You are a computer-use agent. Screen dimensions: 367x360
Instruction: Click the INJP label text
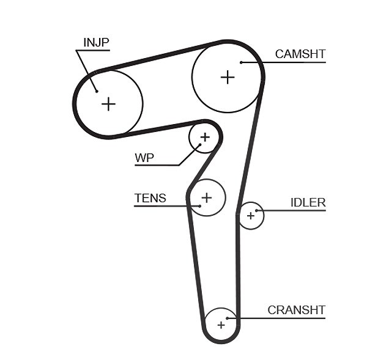96,42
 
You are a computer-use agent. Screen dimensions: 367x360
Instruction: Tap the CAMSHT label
300,54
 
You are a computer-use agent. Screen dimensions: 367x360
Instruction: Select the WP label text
144,158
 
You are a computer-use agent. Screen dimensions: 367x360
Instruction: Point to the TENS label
150,198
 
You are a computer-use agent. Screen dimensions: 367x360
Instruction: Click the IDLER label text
308,202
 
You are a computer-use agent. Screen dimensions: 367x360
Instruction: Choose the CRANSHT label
297,310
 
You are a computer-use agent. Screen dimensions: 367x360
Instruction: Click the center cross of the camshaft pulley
228,77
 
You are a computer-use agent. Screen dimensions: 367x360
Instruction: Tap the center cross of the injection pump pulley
109,104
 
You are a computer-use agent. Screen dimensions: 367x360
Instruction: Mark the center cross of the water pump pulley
205,138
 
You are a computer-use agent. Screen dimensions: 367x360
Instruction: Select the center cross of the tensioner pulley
207,198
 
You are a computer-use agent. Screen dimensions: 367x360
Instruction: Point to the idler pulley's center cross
251,216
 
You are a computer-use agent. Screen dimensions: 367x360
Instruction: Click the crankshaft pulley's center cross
221,325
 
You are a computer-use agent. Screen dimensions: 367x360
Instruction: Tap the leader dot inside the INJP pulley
97,92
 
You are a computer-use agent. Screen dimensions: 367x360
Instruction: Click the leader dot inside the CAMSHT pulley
241,62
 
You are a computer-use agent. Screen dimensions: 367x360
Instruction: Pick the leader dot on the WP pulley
200,145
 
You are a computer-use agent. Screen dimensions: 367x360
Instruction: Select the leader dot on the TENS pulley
199,206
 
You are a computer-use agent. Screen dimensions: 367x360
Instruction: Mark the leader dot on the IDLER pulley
256,210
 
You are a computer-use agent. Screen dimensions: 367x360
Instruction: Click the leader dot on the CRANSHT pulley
227,318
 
